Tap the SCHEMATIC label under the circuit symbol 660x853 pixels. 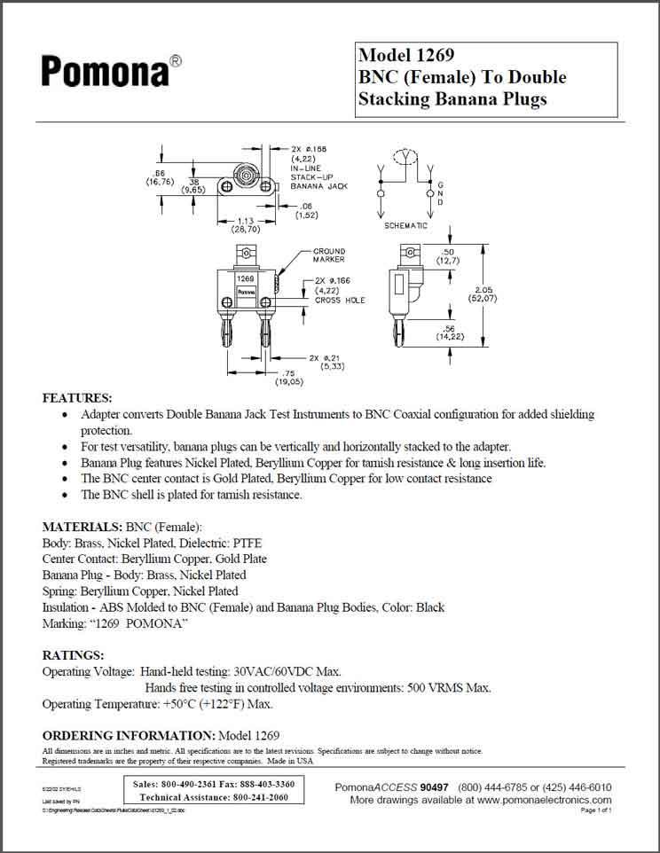pos(405,226)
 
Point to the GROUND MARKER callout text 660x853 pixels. pos(328,255)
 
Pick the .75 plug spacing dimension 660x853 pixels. pos(287,372)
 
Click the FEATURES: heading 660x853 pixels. pos(77,397)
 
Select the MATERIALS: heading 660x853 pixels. pos(82,527)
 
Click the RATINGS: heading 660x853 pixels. pos(74,655)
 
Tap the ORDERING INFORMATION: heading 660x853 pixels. pos(129,736)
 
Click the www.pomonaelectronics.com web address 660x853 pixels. pos(544,799)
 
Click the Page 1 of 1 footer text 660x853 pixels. pos(596,810)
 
